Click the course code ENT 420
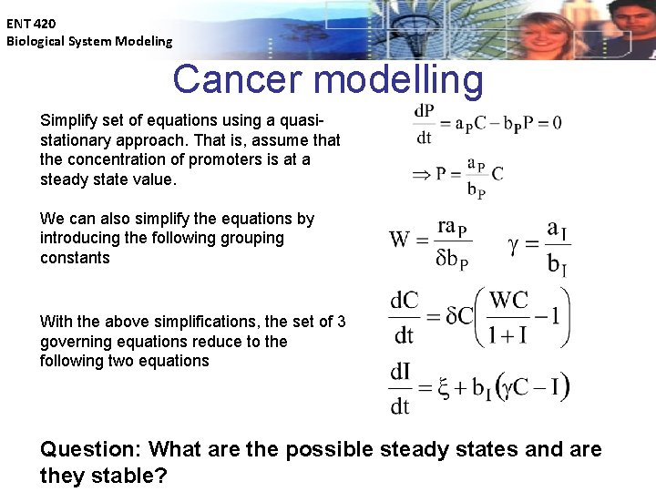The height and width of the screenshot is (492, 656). (30, 23)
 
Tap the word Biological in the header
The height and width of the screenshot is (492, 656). (37, 41)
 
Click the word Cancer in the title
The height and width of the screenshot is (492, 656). (239, 80)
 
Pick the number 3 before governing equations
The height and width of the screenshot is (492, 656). (341, 322)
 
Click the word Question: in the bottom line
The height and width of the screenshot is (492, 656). (90, 449)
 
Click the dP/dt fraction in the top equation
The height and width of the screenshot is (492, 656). (424, 123)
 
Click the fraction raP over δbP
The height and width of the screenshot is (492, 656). (452, 242)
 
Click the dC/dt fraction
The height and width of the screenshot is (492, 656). (405, 317)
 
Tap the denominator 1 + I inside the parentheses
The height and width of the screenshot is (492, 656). (508, 334)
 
